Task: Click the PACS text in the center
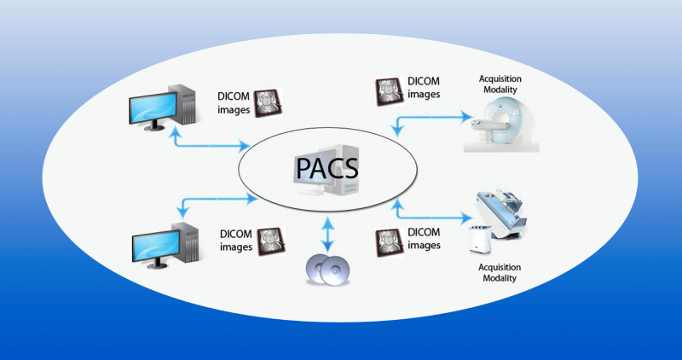(327, 168)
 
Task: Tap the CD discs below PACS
(327, 270)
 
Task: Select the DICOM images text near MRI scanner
(424, 89)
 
